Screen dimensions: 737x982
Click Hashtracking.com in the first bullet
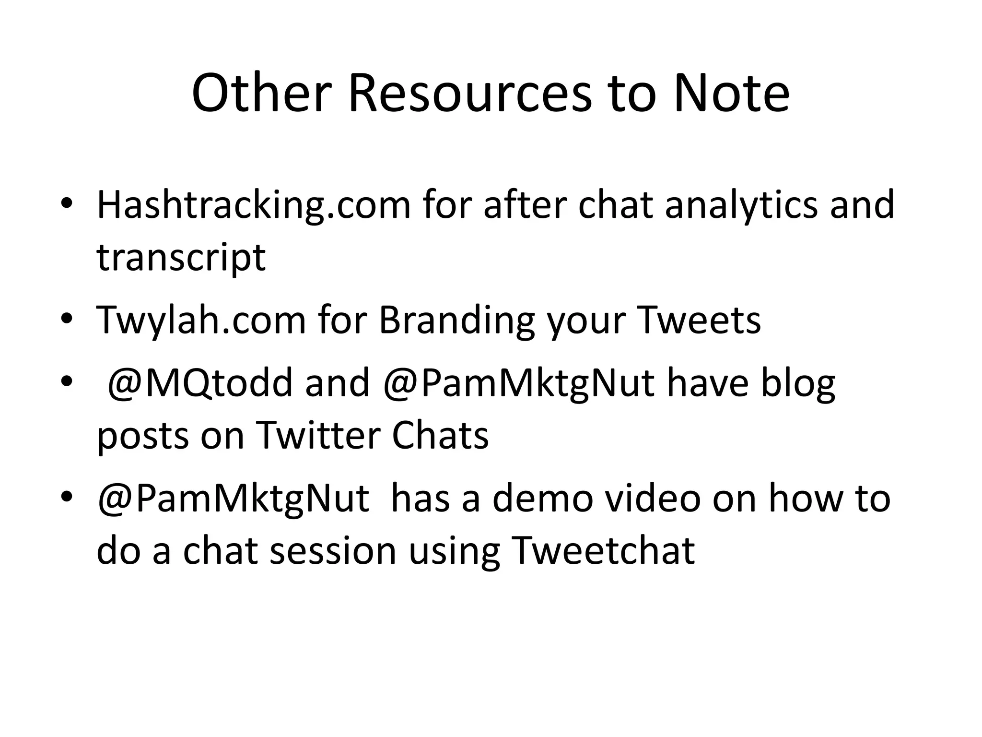(x=254, y=205)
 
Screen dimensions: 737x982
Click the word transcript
(x=181, y=258)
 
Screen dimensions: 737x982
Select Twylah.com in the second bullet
(x=201, y=320)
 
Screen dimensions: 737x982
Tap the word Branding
(x=456, y=320)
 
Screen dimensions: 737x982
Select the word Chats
(x=440, y=436)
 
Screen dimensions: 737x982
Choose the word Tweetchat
(x=603, y=550)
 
